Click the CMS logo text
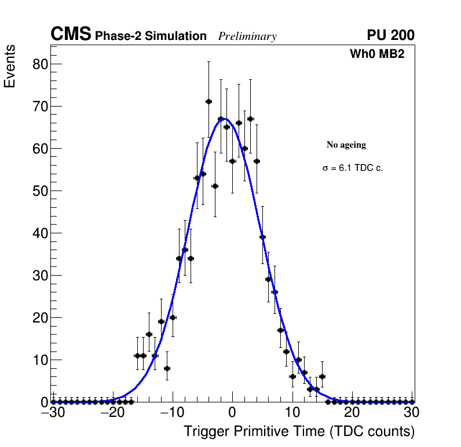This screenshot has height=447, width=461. tap(71, 35)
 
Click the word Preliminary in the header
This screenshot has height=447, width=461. tap(247, 37)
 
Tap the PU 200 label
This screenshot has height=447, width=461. tap(390, 35)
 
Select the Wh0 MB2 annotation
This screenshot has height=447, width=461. tap(376, 54)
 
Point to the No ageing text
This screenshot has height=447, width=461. tap(346, 145)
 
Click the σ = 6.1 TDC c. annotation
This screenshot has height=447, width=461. tap(353, 168)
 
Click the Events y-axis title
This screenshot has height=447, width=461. tap(10, 67)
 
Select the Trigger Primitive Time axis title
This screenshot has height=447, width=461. tap(299, 431)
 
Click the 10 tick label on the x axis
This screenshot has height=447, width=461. tap(292, 413)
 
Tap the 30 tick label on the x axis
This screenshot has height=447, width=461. tap(411, 413)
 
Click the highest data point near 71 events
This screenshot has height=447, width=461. tap(208, 101)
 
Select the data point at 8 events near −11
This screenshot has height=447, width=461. tap(167, 368)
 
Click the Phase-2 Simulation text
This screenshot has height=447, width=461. tap(151, 36)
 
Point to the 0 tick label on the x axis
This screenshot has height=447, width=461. tap(232, 413)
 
